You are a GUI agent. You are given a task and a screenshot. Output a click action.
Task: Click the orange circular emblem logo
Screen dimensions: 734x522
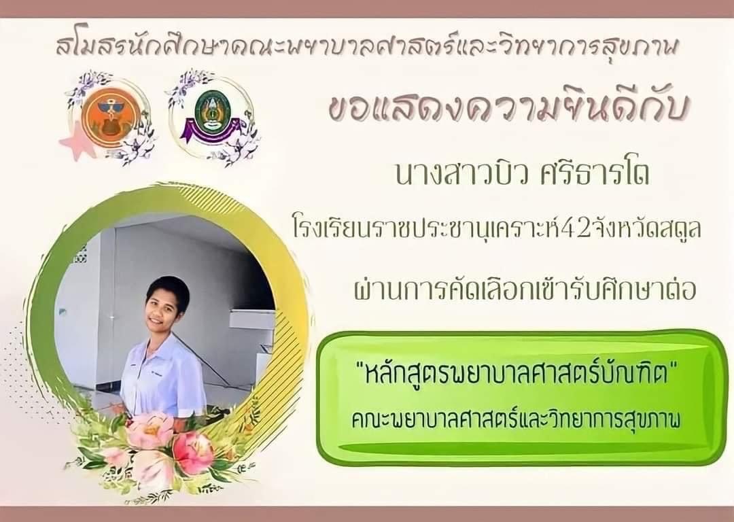point(109,118)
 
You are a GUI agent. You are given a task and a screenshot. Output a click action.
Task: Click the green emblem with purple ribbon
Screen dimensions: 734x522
point(213,115)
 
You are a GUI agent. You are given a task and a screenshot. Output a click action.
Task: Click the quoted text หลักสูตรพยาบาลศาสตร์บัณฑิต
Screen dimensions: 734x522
point(514,375)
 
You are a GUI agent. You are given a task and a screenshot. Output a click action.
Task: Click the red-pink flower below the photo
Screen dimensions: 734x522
point(192,452)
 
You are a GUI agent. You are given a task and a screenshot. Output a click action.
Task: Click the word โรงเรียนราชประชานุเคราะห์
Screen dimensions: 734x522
point(423,230)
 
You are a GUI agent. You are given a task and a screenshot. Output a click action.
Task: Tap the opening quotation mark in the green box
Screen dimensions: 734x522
point(360,368)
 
